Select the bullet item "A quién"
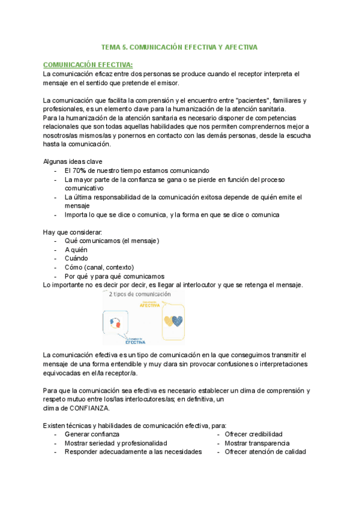pos(76,249)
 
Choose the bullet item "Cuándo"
pos(76,258)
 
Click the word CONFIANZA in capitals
pos(89,408)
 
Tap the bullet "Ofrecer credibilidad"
pos(253,434)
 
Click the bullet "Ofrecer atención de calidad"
pos(265,452)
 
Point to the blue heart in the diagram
pos(177,321)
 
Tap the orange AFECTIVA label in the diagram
pos(150,305)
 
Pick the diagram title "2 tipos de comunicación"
pos(140,295)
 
